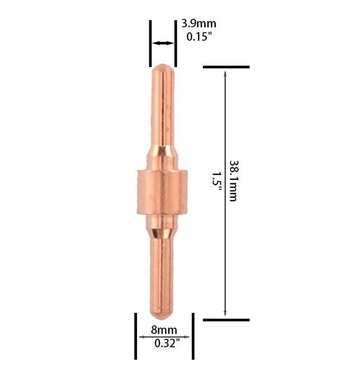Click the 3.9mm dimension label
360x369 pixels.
click(198, 23)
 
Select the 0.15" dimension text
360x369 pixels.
click(199, 36)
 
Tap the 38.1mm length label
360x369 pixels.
click(234, 181)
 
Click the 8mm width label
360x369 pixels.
click(164, 330)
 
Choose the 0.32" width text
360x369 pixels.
click(167, 343)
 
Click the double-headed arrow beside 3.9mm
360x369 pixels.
click(163, 43)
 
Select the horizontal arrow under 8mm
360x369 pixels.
click(164, 337)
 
